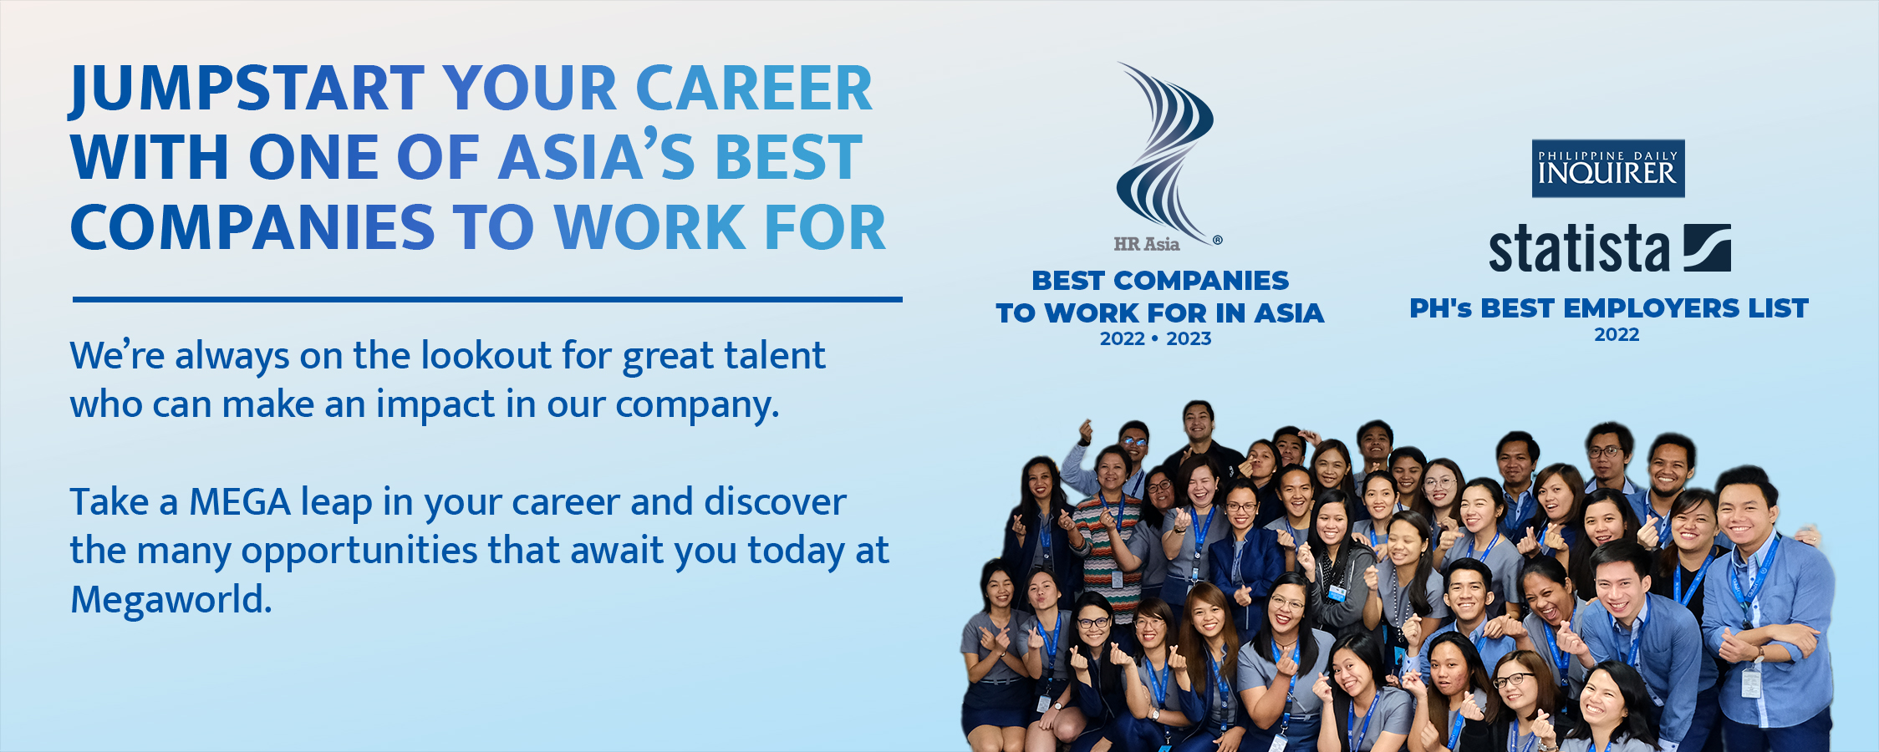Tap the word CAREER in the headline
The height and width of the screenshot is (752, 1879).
click(754, 89)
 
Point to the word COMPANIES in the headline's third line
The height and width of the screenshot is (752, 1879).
click(252, 227)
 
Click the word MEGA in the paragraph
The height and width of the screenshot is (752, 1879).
click(240, 502)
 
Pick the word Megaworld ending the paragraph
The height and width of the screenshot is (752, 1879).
click(171, 600)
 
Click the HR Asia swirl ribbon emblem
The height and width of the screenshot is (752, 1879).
click(1166, 150)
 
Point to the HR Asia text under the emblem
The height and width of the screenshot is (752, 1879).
click(1147, 245)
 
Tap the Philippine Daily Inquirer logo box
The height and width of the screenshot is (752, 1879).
click(1608, 169)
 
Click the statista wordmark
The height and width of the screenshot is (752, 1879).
click(1578, 249)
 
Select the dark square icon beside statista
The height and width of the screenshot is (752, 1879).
click(1707, 247)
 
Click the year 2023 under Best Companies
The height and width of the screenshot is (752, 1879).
click(1189, 339)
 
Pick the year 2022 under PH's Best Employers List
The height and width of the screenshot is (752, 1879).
click(1617, 335)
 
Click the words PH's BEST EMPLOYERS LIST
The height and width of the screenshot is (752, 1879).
click(1609, 308)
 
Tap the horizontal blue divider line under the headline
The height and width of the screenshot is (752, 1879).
click(487, 299)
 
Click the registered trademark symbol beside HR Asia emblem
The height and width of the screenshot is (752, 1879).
click(1218, 240)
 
